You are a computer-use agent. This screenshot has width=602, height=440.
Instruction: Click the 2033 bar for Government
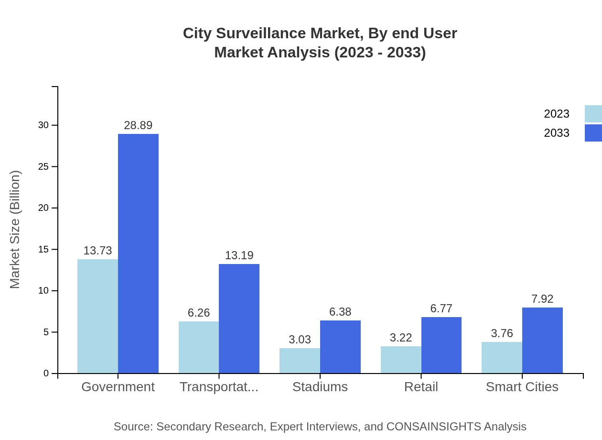click(138, 253)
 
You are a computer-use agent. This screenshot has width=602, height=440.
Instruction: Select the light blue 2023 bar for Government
click(97, 316)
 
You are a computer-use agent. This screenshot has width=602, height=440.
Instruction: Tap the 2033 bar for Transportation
click(239, 319)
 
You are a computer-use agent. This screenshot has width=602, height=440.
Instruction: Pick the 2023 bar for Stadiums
click(300, 361)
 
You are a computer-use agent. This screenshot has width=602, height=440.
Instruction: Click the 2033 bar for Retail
click(441, 345)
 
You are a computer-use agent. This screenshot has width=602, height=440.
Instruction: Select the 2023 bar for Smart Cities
click(502, 357)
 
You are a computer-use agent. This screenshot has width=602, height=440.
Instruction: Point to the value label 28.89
click(138, 125)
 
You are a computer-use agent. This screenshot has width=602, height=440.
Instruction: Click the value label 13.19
click(239, 255)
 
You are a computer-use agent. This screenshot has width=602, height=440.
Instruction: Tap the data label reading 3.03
click(300, 340)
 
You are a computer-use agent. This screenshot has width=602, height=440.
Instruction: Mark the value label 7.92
click(542, 299)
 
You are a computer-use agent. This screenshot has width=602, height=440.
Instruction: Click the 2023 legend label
click(557, 114)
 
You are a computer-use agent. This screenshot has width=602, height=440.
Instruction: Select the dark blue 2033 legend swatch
click(593, 133)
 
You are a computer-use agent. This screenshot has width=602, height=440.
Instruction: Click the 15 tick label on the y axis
click(43, 249)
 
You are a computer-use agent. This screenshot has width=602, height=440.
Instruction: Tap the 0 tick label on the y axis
click(46, 373)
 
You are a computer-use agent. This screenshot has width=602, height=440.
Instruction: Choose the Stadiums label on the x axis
click(320, 387)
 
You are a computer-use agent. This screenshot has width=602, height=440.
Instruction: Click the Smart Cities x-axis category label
click(522, 387)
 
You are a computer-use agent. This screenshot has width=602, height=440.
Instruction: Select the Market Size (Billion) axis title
click(15, 230)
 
